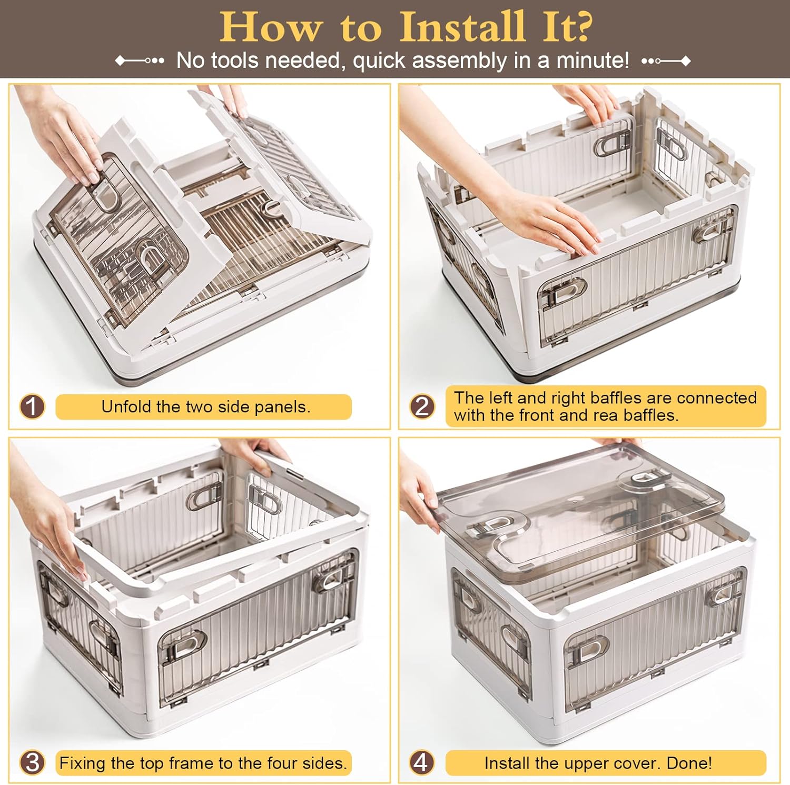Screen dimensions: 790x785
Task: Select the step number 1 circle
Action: pos(32,407)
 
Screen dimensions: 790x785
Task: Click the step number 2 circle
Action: pos(422,407)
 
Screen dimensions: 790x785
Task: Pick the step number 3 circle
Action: pos(32,763)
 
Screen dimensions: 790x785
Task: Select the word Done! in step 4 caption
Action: pos(689,763)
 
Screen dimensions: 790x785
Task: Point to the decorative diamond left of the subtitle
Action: pos(121,61)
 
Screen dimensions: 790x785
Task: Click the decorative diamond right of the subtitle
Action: pos(686,61)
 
